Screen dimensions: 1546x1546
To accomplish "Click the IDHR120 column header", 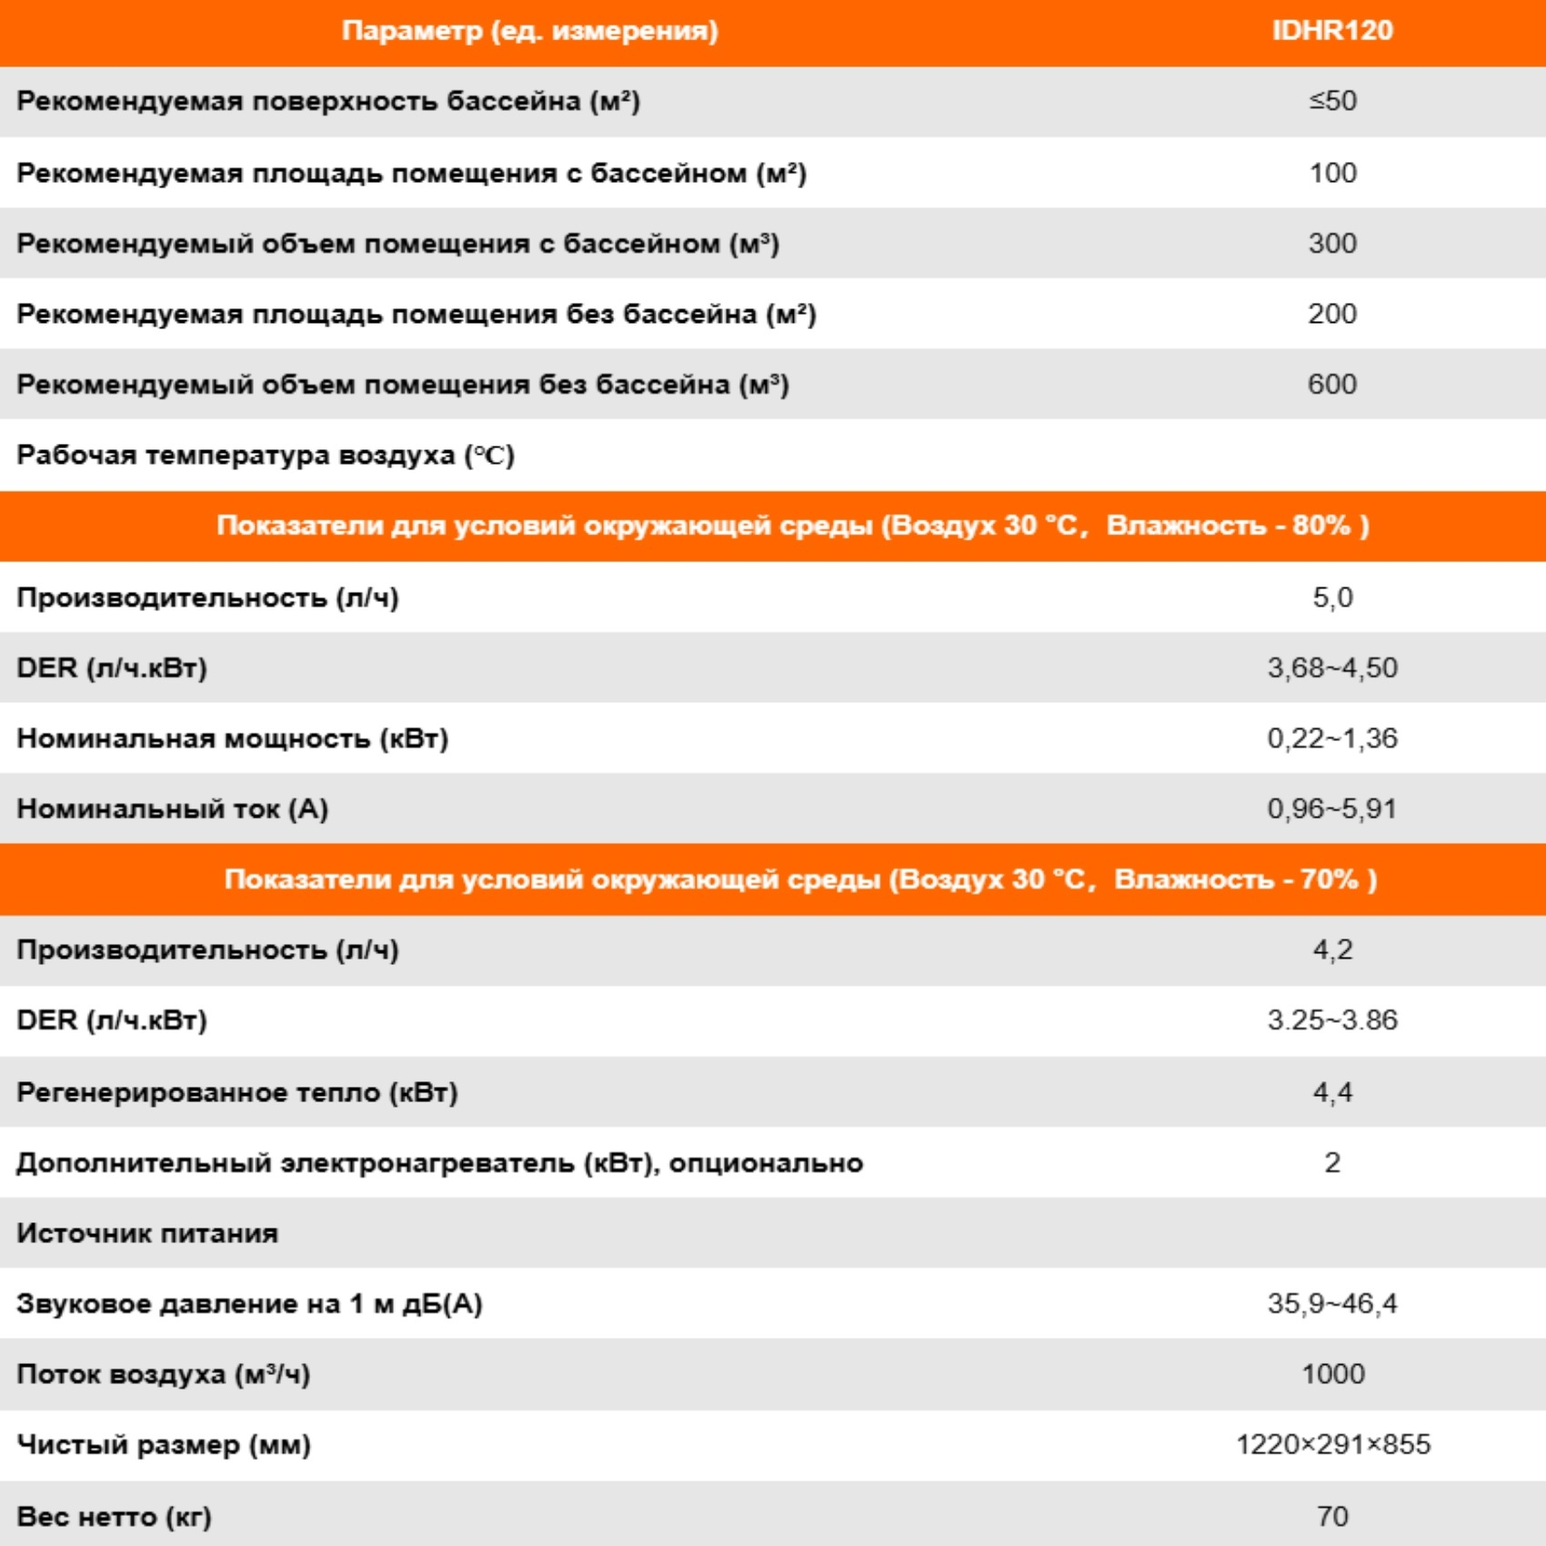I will pyautogui.click(x=1331, y=31).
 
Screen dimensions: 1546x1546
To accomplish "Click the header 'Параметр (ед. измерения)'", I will pyautogui.click(x=529, y=31).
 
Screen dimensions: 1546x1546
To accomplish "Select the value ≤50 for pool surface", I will pyautogui.click(x=1332, y=101).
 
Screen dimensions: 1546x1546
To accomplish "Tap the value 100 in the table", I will pyautogui.click(x=1332, y=173).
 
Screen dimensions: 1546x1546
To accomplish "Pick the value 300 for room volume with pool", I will pyautogui.click(x=1332, y=244).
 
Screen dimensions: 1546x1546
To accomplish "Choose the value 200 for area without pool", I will pyautogui.click(x=1332, y=314).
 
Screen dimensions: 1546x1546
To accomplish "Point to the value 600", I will pyautogui.click(x=1332, y=385).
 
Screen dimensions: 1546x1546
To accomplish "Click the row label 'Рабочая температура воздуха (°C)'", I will pyautogui.click(x=266, y=455).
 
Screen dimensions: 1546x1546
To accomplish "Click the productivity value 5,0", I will pyautogui.click(x=1332, y=597).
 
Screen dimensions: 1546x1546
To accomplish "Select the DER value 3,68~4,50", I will pyautogui.click(x=1332, y=668).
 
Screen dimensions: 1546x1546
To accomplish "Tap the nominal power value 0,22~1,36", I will pyautogui.click(x=1332, y=738).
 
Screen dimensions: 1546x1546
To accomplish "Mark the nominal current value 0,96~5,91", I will pyautogui.click(x=1332, y=809).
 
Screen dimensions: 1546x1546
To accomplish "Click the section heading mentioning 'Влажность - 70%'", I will pyautogui.click(x=800, y=879).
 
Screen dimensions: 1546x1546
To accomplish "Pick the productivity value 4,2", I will pyautogui.click(x=1332, y=950).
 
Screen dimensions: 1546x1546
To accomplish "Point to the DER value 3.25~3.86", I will pyautogui.click(x=1332, y=1020).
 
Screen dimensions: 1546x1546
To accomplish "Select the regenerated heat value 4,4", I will pyautogui.click(x=1332, y=1092).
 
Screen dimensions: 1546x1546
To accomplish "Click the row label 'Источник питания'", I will pyautogui.click(x=147, y=1234).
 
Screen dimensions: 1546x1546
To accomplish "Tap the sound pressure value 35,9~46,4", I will pyautogui.click(x=1332, y=1304).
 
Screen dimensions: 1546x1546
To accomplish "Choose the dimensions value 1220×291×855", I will pyautogui.click(x=1332, y=1445).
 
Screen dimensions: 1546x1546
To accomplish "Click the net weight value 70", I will pyautogui.click(x=1332, y=1516).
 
